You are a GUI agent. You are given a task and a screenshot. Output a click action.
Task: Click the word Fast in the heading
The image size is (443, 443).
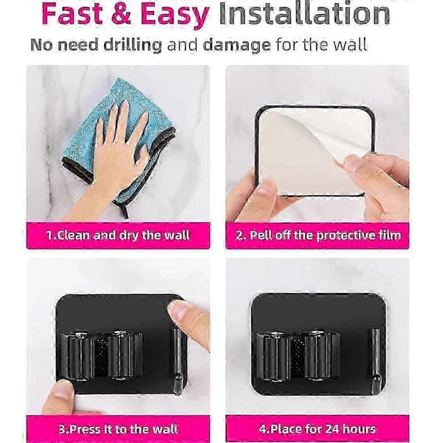coord(72,13)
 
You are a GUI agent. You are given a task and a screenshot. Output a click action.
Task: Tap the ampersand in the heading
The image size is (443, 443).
coord(122,13)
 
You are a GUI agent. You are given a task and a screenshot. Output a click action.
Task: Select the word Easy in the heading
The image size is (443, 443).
coord(175,15)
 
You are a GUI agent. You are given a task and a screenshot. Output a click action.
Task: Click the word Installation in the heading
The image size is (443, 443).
coord(304,13)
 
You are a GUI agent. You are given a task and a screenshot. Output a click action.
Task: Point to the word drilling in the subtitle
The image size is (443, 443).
coord(132,45)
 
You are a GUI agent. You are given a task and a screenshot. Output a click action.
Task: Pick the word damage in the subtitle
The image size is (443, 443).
coord(237,45)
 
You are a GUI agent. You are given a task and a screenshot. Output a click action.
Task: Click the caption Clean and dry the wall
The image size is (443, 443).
coord(118,236)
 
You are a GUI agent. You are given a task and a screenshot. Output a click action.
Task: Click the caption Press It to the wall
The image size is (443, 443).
coord(118,429)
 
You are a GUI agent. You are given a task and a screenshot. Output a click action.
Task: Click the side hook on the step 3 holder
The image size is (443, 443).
coord(178,361)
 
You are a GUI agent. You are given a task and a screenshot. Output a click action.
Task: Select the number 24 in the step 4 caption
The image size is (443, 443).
coord(333,429)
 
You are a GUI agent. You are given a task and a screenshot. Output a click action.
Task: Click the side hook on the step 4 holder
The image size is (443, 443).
coord(376,361)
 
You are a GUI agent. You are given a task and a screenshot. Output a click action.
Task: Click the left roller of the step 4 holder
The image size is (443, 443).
coord(272,356)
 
